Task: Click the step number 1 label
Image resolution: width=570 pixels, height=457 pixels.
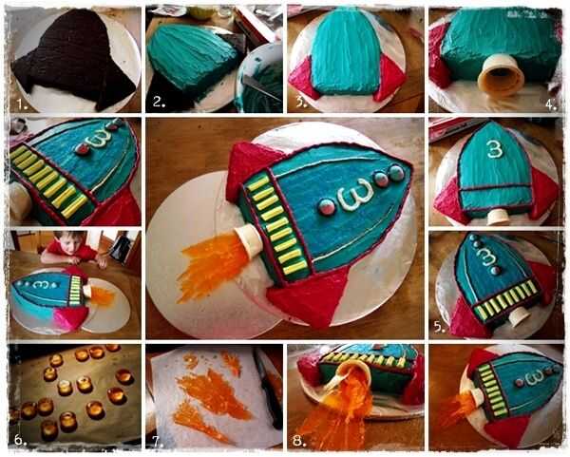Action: pos(22,105)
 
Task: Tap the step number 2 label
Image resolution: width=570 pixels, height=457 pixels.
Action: pos(159,102)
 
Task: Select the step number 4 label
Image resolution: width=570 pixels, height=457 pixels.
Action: pos(551,105)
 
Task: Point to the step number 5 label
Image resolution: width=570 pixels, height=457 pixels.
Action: pos(440,327)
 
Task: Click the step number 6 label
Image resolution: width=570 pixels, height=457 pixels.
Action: pos(20,440)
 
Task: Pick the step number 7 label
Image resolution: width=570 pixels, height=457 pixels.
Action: pos(158,442)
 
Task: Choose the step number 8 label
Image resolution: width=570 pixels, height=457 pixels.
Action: pos(299,441)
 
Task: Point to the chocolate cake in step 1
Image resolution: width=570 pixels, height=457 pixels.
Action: pos(74,58)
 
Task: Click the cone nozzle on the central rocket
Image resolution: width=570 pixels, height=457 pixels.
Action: pos(248,240)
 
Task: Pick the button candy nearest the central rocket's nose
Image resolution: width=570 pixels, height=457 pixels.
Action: pos(396,173)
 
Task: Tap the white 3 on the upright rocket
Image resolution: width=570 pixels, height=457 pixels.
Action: pos(495,149)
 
